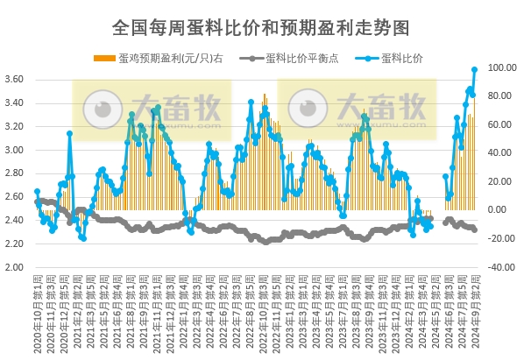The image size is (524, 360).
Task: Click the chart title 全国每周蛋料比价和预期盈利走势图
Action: tap(262, 28)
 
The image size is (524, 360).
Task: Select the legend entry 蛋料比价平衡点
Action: tap(297, 59)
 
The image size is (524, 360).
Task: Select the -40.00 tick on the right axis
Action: tap(501, 267)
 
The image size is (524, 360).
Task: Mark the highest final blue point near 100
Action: tap(475, 69)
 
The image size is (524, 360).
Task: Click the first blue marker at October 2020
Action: tap(37, 192)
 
